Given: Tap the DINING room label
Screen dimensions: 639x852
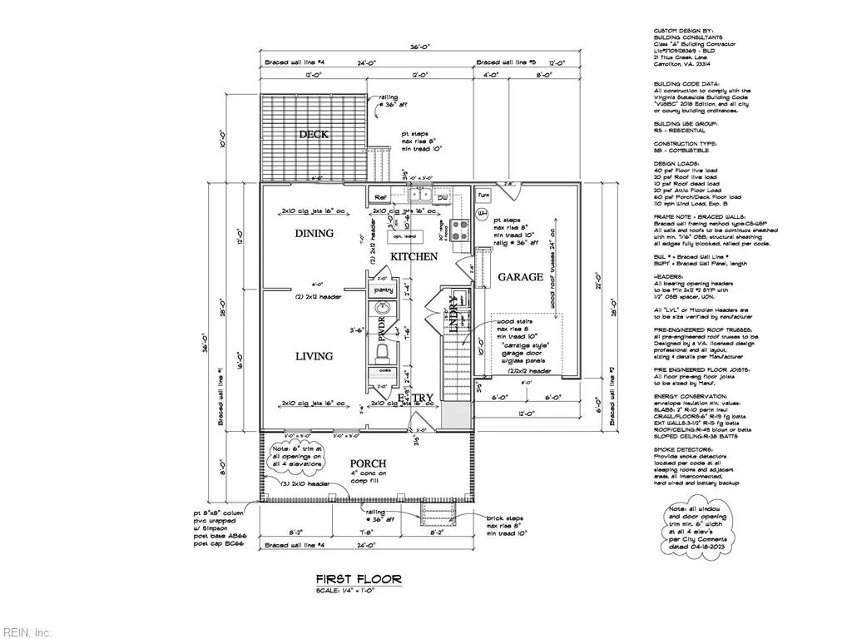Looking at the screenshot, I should point(314,234).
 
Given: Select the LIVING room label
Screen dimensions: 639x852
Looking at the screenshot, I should point(313,356).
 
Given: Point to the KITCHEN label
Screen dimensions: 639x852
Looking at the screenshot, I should point(414,257).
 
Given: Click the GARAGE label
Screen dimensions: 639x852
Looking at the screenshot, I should point(520,277).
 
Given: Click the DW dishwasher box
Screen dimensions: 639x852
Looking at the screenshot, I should point(441,197).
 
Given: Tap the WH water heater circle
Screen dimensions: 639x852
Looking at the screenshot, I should point(481,214).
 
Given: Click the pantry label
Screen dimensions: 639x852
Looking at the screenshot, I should point(384,290).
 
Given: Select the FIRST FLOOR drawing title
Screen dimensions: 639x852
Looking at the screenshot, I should point(359,578).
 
